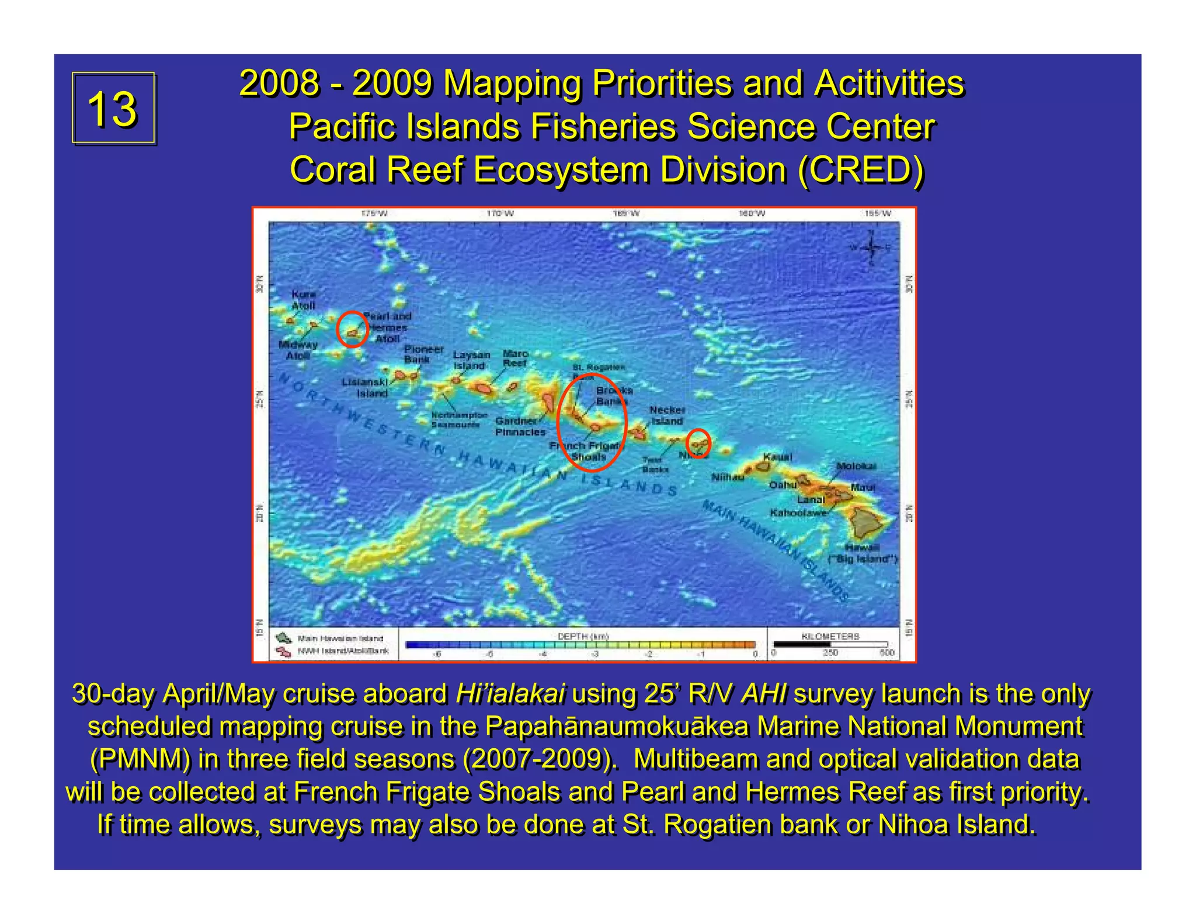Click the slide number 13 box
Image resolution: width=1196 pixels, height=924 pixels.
pyautogui.click(x=113, y=108)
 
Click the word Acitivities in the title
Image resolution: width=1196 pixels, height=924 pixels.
pyautogui.click(x=888, y=83)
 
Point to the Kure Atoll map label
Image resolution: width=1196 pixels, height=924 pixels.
pyautogui.click(x=303, y=300)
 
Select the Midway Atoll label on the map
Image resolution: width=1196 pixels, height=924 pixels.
pyautogui.click(x=298, y=350)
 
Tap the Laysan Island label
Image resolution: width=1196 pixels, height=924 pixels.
pyautogui.click(x=471, y=360)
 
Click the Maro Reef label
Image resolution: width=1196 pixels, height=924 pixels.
pyautogui.click(x=515, y=358)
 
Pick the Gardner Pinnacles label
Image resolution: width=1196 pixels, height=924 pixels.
pyautogui.click(x=520, y=426)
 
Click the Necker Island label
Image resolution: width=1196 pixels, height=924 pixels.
pyautogui.click(x=667, y=415)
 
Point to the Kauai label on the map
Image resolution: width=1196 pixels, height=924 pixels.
pyautogui.click(x=777, y=456)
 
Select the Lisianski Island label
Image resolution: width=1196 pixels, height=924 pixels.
pyautogui.click(x=365, y=387)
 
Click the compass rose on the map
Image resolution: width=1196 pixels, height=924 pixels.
pyautogui.click(x=871, y=247)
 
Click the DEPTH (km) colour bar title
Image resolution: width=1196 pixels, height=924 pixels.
pyautogui.click(x=583, y=636)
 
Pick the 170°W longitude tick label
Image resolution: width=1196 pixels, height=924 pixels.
pyautogui.click(x=500, y=214)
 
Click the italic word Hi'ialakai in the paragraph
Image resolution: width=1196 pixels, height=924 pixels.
pyautogui.click(x=510, y=694)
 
